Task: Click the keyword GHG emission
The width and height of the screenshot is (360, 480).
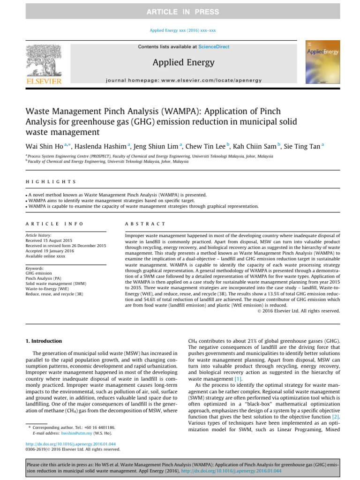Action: [39, 273]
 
